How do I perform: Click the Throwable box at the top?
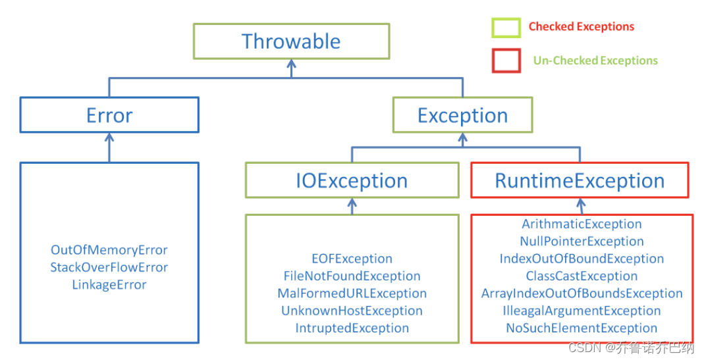tap(291, 41)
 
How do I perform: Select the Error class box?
tap(109, 115)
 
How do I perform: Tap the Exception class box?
tap(462, 115)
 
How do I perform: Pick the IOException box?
tap(352, 180)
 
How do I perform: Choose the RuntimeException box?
tap(580, 180)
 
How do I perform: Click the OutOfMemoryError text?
tap(109, 250)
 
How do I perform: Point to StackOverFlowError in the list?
tap(109, 267)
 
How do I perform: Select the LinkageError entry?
tap(109, 284)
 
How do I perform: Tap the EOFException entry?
tap(352, 259)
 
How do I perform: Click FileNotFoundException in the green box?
tap(352, 276)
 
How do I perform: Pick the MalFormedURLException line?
tap(352, 293)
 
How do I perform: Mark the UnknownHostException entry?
tap(352, 311)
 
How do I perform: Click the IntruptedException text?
tap(352, 328)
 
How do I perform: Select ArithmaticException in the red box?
tap(582, 224)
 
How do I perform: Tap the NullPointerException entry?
tap(582, 242)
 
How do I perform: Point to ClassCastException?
tap(582, 276)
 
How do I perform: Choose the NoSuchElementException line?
tap(582, 328)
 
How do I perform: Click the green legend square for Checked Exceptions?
tap(506, 27)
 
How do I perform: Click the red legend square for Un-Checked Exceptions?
tap(506, 61)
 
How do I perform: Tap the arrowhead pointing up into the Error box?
tap(109, 138)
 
